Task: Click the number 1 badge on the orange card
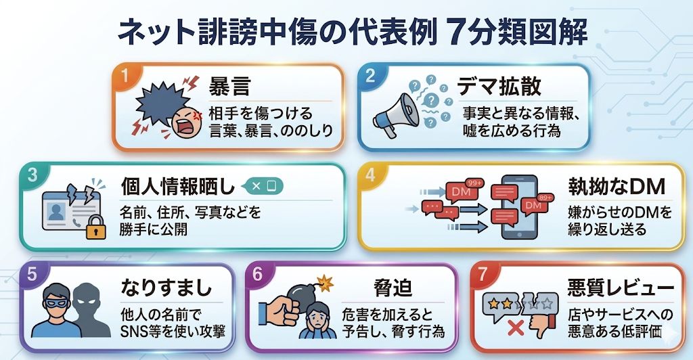coord(125,76)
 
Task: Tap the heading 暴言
coord(229,86)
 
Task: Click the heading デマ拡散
coord(499,86)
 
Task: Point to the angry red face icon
coord(186,122)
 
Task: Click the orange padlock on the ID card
coord(95,227)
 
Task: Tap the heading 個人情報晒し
coord(178,187)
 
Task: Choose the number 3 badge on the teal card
coord(32,175)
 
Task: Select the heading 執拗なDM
coord(617,187)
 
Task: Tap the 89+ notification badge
coord(545,198)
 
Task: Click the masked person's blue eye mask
coord(58,302)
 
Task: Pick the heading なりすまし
coord(166,288)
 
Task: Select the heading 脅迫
coord(393,288)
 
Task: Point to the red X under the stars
coord(515,328)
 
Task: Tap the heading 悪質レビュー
coord(621,288)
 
